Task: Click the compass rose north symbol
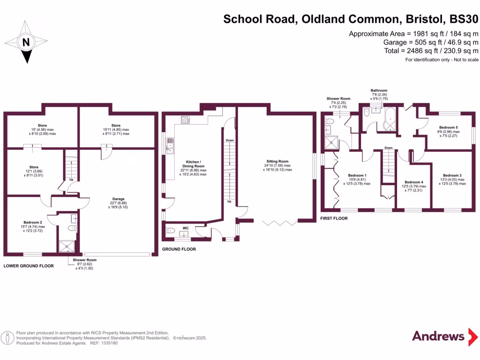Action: pos(27,43)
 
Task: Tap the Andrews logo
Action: pos(438,336)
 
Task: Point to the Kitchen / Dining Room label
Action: pos(193,166)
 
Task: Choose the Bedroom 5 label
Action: pos(448,127)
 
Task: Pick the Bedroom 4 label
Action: pos(414,182)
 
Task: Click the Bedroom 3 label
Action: pos(452,175)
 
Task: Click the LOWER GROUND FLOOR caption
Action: pos(29,266)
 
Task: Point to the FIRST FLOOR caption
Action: pos(334,218)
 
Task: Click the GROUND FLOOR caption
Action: pos(179,249)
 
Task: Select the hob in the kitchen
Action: pos(185,120)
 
